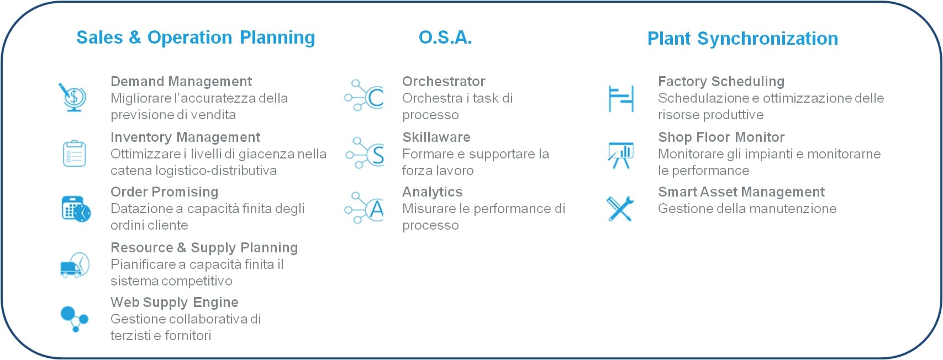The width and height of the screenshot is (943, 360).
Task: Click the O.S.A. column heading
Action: click(x=445, y=38)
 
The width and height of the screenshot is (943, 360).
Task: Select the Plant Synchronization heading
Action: click(x=742, y=39)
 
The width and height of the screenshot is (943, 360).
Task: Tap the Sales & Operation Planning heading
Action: click(x=196, y=38)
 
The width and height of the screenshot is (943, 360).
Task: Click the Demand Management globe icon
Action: click(x=72, y=97)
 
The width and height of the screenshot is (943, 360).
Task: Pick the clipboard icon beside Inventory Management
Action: click(x=75, y=153)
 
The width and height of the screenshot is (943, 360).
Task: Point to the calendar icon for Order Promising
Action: click(x=76, y=209)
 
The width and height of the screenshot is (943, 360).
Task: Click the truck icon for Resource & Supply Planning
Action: click(x=75, y=265)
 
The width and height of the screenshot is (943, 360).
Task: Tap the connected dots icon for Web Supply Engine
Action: click(x=75, y=319)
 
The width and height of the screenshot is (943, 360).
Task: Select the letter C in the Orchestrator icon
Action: click(x=376, y=98)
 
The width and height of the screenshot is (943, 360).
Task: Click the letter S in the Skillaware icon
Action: click(x=378, y=155)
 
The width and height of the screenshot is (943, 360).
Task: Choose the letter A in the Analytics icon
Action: click(x=376, y=209)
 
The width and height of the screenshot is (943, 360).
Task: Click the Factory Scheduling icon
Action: click(x=621, y=98)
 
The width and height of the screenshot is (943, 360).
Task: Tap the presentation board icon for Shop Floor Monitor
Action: click(x=621, y=155)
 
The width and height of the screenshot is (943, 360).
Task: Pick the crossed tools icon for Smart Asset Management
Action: click(x=620, y=209)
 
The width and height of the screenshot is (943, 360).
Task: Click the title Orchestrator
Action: click(x=444, y=81)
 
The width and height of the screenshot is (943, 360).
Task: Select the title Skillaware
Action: click(x=436, y=137)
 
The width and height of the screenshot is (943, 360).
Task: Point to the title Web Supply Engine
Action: click(x=174, y=303)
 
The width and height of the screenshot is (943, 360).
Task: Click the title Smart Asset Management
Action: click(x=741, y=192)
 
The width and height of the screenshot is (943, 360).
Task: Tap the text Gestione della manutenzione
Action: click(x=747, y=209)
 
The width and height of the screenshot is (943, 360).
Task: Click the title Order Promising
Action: click(x=164, y=192)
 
